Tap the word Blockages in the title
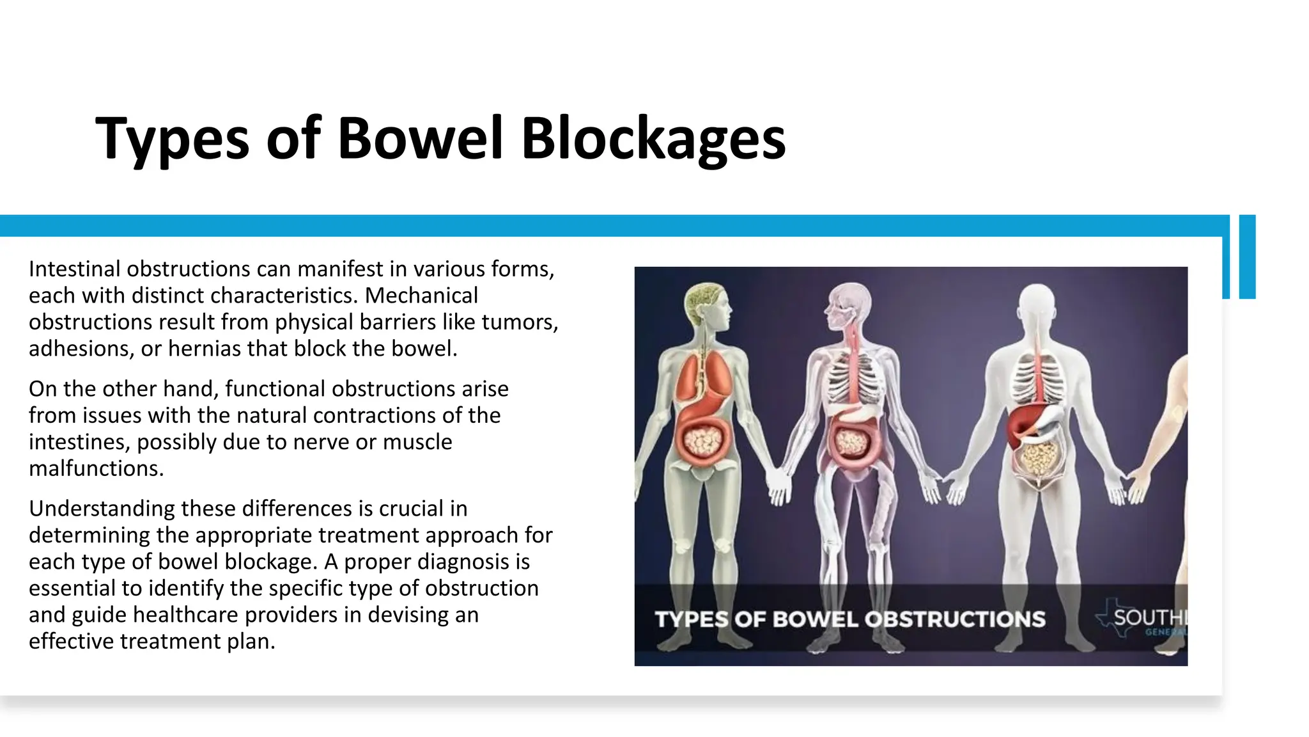(x=653, y=139)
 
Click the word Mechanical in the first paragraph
(x=421, y=296)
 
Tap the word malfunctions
(x=96, y=468)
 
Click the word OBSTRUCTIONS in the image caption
(x=954, y=619)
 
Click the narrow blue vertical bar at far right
(x=1247, y=257)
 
